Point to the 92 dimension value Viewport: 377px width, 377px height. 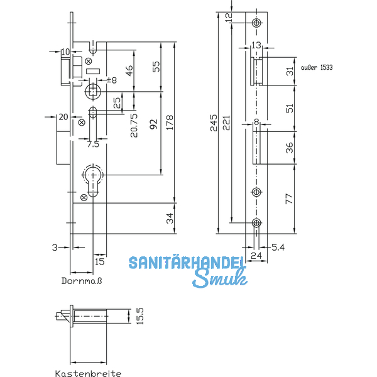coord(153,124)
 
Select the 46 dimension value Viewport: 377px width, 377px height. coord(129,71)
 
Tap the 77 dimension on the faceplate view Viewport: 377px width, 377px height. coord(289,199)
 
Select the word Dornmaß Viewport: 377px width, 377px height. coord(82,281)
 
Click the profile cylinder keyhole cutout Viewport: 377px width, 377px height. coord(93,179)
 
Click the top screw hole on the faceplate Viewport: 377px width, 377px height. coord(256,23)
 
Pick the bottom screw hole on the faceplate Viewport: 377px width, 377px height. coord(256,222)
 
